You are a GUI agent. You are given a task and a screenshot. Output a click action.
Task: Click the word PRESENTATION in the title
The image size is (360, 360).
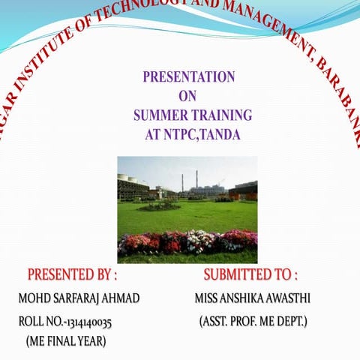pyautogui.click(x=189, y=76)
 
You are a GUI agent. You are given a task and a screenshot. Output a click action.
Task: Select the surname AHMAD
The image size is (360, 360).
pyautogui.click(x=121, y=298)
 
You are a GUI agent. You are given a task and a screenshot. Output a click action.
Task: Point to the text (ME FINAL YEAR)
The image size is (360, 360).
pyautogui.click(x=66, y=342)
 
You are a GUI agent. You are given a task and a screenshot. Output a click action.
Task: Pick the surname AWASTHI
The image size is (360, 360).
pyautogui.click(x=289, y=298)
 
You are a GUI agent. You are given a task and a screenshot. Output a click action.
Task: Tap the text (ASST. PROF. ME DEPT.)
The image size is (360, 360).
pyautogui.click(x=253, y=322)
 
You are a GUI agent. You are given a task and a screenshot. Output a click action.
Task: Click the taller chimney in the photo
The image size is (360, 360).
pyautogui.click(x=196, y=181)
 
